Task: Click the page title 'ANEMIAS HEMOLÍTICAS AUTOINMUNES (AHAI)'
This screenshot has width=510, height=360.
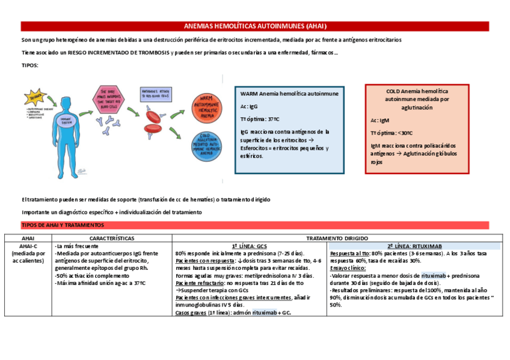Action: (255, 26)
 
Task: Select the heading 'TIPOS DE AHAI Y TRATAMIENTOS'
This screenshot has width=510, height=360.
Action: (63, 225)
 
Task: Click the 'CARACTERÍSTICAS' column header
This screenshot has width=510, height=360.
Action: (111, 238)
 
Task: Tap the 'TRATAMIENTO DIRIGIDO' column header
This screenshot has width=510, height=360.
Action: (336, 238)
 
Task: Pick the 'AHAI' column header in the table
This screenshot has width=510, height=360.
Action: (28, 238)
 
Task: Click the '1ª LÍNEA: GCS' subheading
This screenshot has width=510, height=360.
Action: (249, 246)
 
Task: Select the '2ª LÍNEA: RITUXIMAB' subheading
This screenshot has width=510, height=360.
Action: (415, 246)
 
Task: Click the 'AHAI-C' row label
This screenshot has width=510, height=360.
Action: (28, 246)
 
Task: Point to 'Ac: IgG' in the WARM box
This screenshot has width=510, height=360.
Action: (249, 106)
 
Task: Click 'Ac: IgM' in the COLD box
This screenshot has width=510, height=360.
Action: (380, 120)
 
